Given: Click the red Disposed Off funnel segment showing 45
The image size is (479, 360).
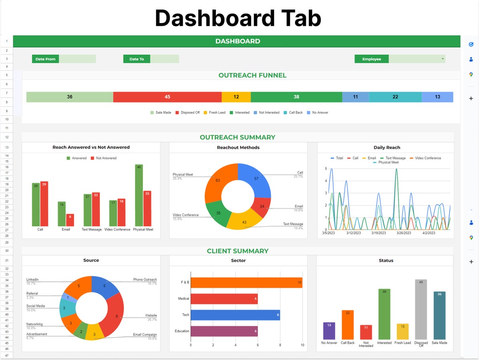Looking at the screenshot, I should coord(167,97).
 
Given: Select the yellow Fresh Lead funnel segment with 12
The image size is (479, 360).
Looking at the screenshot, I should coord(236,97).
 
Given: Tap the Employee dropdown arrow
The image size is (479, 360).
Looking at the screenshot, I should coord(442,59).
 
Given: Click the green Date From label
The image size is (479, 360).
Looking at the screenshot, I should coord(45,59).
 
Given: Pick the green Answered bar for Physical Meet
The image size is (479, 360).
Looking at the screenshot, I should coord(139,195).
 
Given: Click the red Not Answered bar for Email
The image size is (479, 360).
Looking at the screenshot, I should coord(70,220).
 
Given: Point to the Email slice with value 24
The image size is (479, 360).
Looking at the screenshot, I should coord(262,206).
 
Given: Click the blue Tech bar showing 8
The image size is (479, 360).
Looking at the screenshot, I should coord(235,315).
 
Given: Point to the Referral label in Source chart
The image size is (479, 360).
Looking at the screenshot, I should coord(32,294).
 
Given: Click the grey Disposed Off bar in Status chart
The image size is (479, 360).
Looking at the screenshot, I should coord(421,309).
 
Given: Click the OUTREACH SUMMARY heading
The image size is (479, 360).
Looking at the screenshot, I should coord(237,137).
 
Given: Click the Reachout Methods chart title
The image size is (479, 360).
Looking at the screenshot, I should coord(238,148).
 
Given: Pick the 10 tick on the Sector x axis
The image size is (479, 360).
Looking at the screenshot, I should coord(303,345).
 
